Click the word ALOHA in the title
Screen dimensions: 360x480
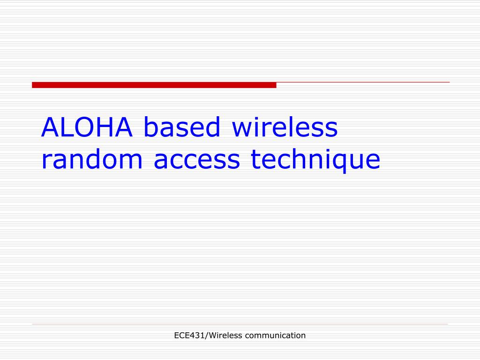click(x=87, y=127)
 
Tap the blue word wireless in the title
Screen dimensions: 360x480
click(x=285, y=127)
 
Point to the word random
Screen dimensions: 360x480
click(x=92, y=160)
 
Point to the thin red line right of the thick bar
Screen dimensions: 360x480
click(x=363, y=82)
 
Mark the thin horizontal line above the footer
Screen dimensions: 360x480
click(x=240, y=324)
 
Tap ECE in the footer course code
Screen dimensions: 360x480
click(x=180, y=335)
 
